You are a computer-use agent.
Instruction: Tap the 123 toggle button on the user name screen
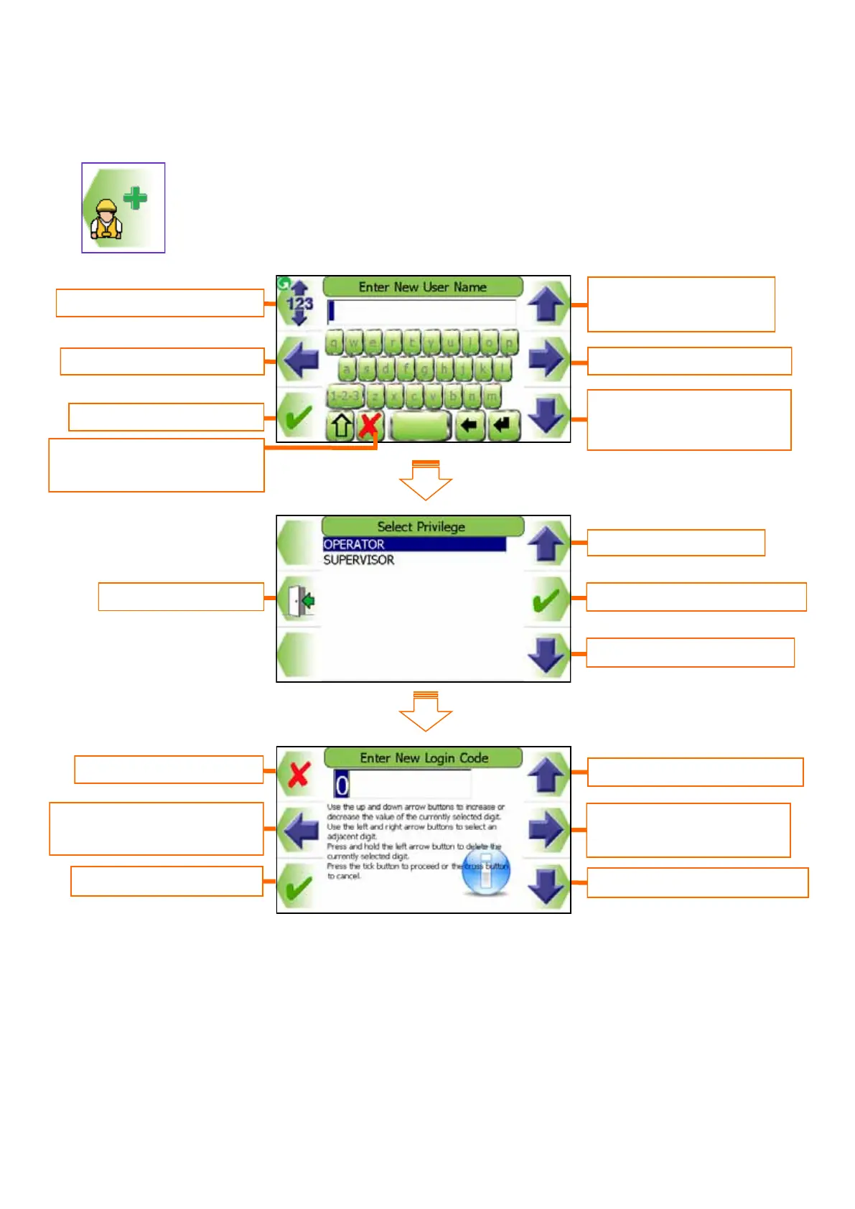[x=299, y=304]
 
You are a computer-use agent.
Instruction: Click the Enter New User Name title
[x=422, y=287]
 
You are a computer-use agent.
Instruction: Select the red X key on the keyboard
[x=369, y=426]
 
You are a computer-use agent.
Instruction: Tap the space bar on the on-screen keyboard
[x=420, y=426]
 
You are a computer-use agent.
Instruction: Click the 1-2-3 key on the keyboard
[x=345, y=396]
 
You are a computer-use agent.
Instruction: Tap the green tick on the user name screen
[x=297, y=417]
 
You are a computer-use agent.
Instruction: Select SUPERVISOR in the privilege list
[x=359, y=560]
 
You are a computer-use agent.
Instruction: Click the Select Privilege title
[x=422, y=526]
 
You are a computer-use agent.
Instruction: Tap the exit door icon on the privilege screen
[x=300, y=600]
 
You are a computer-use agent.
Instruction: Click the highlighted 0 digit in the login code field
[x=342, y=785]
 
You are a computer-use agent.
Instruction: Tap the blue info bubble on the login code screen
[x=486, y=872]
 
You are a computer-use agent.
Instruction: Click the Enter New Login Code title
[x=424, y=758]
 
